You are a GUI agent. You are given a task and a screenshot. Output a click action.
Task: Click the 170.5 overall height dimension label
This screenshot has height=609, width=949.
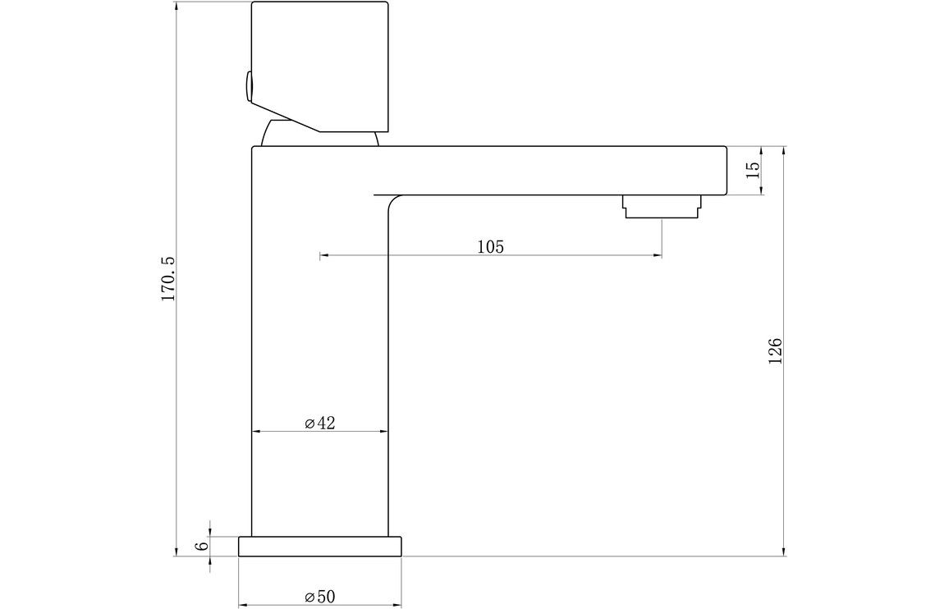[x=167, y=278]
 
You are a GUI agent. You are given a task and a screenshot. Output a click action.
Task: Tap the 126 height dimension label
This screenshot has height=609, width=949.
[x=775, y=351]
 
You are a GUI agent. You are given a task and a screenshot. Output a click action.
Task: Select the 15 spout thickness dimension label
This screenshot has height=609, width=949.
[x=752, y=170]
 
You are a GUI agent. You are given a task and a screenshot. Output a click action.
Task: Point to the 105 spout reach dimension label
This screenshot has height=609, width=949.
[x=490, y=246]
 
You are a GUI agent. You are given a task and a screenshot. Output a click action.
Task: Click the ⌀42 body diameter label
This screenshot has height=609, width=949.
[x=320, y=423]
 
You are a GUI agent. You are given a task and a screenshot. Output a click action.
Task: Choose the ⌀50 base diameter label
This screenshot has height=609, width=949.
[x=320, y=597]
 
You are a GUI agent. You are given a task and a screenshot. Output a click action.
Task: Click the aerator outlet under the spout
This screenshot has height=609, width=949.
[x=662, y=207]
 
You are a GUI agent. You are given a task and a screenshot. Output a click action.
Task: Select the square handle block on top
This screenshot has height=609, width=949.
[x=319, y=66]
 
